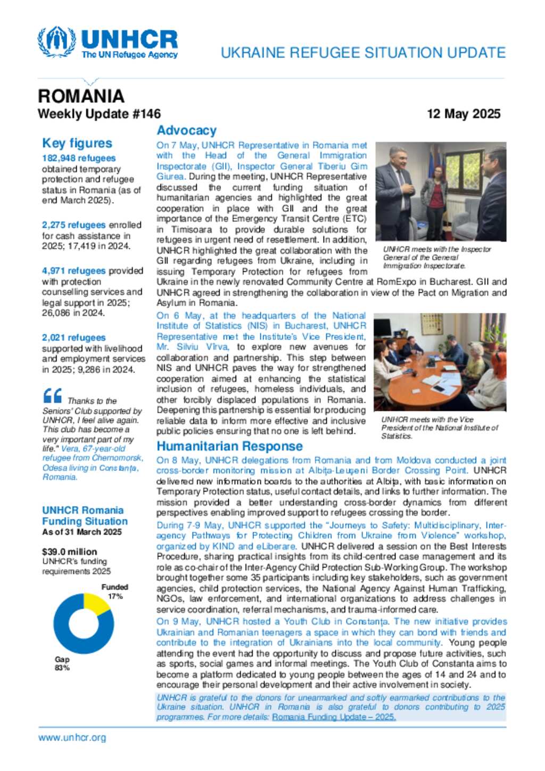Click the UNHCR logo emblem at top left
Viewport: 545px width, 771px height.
point(56,42)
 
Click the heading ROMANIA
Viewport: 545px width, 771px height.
point(81,96)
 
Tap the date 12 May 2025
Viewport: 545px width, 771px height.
point(464,114)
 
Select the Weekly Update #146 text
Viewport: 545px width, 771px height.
point(99,114)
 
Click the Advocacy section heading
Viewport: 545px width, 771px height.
point(186,130)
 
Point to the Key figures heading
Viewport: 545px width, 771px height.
point(77,143)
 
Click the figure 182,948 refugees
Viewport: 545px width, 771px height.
point(79,158)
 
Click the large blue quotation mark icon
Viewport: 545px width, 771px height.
point(52,396)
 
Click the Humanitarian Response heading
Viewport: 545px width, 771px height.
point(229,446)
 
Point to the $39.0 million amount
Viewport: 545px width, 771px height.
point(70,552)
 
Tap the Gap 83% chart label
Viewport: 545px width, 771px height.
point(62,664)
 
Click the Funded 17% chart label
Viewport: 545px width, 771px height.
point(115,592)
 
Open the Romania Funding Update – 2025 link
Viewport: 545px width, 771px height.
point(334,717)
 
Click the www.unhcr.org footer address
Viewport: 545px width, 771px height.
point(72,737)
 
